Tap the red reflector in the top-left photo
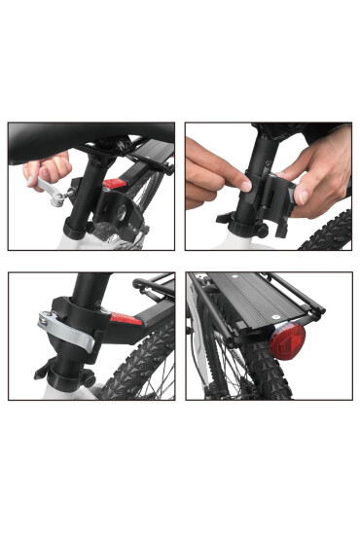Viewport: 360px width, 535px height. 115,184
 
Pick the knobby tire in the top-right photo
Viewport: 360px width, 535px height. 326,233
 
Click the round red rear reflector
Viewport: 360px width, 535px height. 288,339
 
